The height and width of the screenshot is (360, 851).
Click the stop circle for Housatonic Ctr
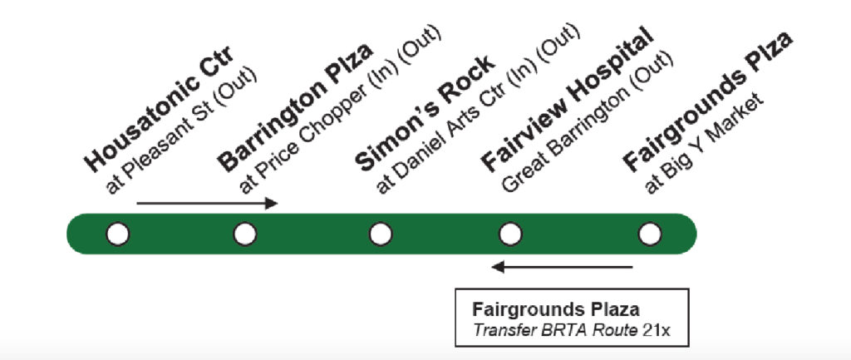tap(118, 234)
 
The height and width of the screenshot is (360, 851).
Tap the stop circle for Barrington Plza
tap(245, 234)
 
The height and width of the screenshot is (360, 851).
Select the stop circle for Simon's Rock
tap(381, 234)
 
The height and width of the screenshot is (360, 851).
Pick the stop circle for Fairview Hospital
tap(510, 234)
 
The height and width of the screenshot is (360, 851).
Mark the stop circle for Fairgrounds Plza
tap(650, 234)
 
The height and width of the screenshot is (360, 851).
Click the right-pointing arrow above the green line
tap(207, 204)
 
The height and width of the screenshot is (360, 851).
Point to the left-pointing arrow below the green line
tap(563, 267)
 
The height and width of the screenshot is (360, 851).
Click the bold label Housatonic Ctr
tap(159, 109)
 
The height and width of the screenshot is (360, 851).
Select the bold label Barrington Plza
tap(295, 107)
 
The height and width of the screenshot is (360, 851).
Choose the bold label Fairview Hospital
tap(567, 100)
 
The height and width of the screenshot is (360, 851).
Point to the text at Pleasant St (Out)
tap(181, 131)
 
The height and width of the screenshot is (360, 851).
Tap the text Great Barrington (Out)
tap(588, 122)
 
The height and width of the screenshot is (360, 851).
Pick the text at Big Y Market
tap(704, 143)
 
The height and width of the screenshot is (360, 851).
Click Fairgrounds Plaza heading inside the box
tap(556, 310)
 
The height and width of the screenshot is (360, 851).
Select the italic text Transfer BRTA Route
tap(554, 330)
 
